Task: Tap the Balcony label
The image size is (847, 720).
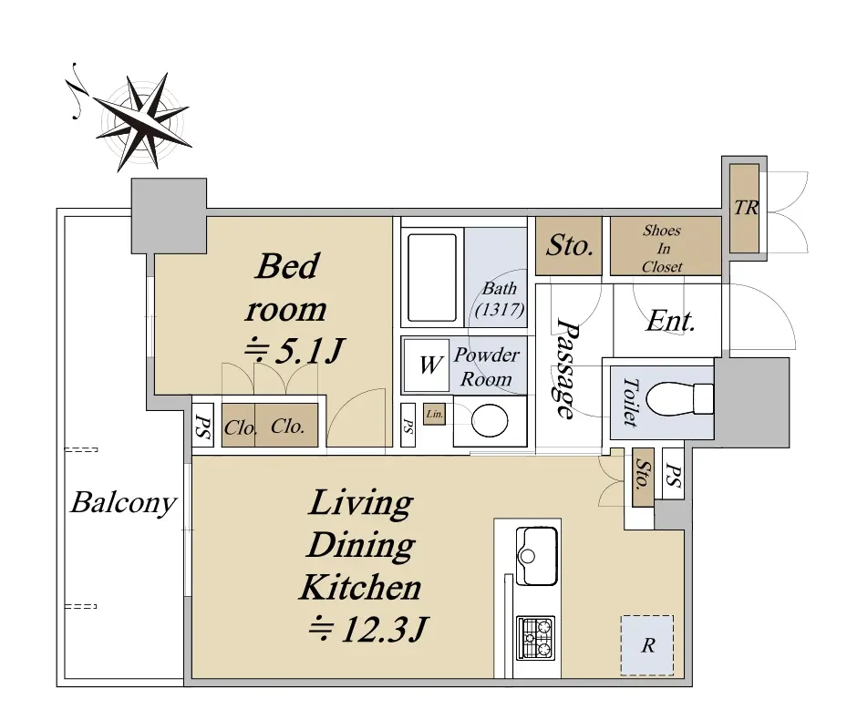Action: pos(124,503)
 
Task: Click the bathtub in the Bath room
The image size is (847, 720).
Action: pos(432,278)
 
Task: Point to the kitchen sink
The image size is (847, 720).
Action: pos(536,556)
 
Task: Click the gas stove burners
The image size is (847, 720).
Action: pos(535,637)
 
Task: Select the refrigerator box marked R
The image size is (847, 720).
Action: pos(647,645)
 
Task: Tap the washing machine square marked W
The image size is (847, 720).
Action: pos(427,365)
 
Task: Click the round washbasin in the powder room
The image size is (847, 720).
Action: pos(490,421)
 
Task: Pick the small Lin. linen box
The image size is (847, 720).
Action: pos(434,415)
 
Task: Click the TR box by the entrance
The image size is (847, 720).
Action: pos(744,208)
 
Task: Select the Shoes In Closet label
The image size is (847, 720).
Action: pos(662,249)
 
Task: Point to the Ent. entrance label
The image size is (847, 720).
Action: pos(670,321)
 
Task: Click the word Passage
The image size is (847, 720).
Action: pos(567,368)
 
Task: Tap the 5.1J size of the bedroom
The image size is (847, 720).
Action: pos(294,351)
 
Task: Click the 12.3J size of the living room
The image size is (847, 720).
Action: pos(368,629)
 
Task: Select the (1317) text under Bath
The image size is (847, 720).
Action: pos(500,310)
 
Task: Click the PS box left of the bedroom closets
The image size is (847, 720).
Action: pos(202,426)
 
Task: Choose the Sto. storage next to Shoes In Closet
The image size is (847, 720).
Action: pos(569,246)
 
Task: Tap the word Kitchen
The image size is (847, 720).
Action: pos(360,588)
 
